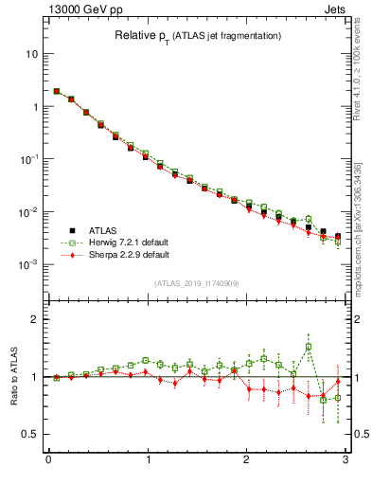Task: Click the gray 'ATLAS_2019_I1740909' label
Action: [x=196, y=283]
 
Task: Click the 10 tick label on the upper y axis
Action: [x=30, y=54]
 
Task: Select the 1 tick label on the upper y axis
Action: [x=33, y=107]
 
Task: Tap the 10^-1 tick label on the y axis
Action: [x=28, y=159]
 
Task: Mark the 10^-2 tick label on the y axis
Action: [x=28, y=212]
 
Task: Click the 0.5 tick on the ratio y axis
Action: [x=30, y=434]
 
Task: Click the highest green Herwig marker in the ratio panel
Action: [x=309, y=347]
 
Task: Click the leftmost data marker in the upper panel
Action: [x=57, y=92]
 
